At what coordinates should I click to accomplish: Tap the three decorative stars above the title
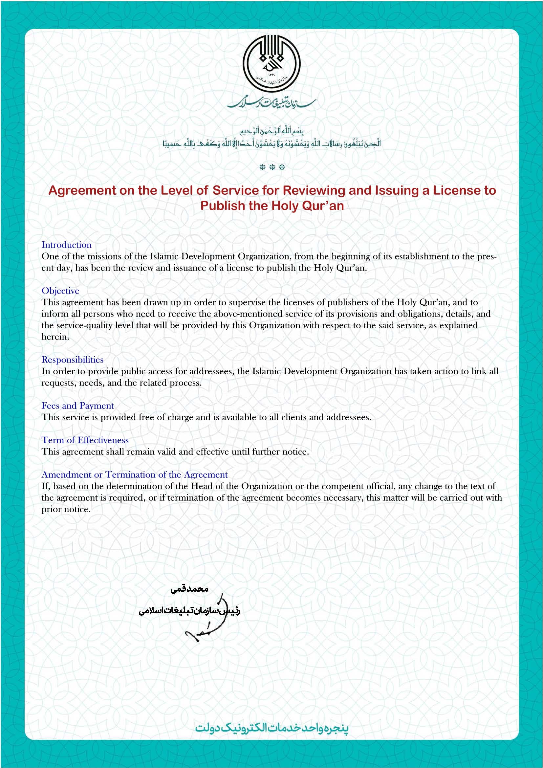coord(272,167)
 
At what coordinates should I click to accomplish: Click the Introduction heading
coord(67,245)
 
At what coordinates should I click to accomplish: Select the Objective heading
coord(60,291)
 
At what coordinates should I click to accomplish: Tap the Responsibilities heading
coord(72,360)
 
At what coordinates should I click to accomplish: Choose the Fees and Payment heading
coord(77,406)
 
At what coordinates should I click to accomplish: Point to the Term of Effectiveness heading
coord(85,440)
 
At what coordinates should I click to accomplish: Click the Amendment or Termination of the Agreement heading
coord(134,475)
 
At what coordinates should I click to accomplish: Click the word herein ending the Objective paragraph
coord(55,337)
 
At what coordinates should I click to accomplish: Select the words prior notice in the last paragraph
coord(66,509)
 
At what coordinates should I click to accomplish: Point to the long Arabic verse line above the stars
coord(271,144)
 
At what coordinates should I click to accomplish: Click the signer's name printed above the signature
coord(189,589)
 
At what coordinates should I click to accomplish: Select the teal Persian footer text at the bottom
coord(271,727)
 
